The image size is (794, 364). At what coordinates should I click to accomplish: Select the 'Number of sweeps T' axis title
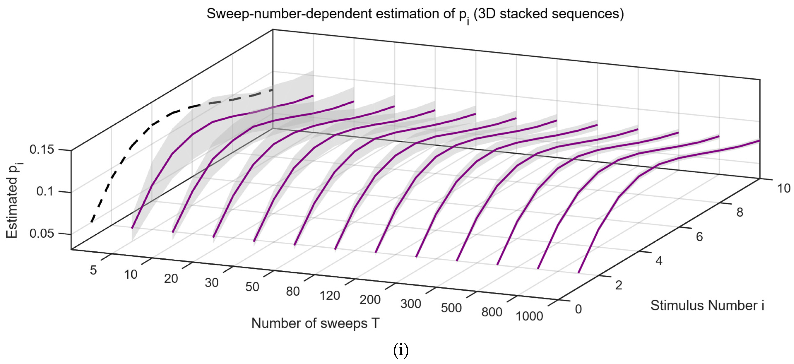(315, 323)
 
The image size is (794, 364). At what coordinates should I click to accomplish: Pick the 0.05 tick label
(42, 233)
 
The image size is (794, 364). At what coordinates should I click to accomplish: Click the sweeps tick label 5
(93, 270)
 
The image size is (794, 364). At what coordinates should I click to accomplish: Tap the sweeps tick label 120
(329, 296)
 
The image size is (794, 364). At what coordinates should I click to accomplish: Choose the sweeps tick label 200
(370, 300)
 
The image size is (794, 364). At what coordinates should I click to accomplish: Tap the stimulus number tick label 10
(783, 188)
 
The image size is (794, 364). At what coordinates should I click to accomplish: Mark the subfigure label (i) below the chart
(401, 350)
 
